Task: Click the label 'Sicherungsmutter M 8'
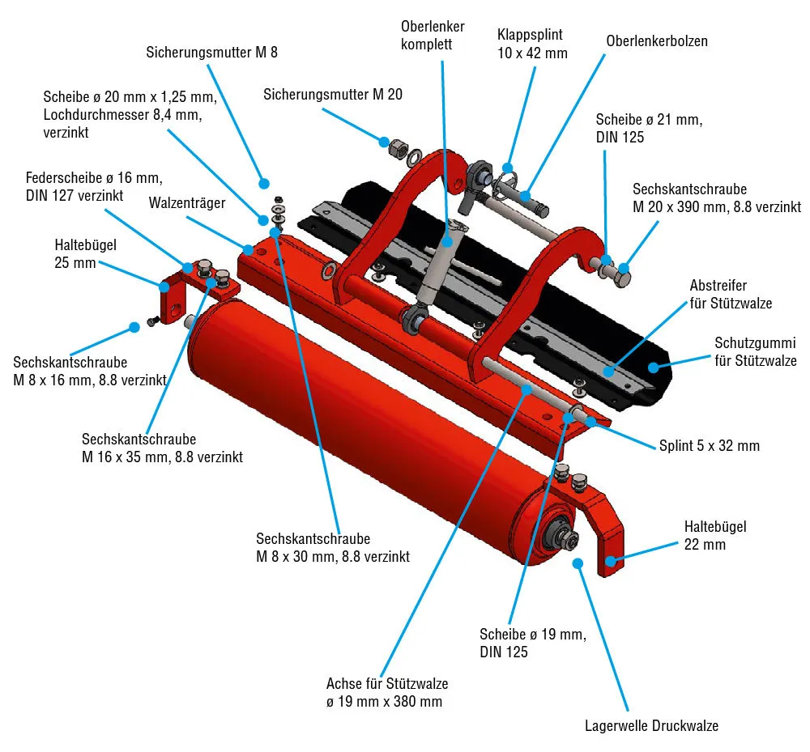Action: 212,53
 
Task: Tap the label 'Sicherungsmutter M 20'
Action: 333,95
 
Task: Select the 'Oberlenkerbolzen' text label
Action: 656,40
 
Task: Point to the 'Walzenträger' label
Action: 187,203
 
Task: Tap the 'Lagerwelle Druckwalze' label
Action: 651,725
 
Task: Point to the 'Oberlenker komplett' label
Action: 433,36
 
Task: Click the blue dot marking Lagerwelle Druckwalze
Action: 578,563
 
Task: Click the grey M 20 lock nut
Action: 398,148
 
